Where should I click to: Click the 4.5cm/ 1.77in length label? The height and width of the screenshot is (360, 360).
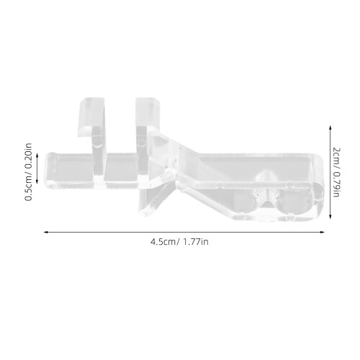(x=179, y=241)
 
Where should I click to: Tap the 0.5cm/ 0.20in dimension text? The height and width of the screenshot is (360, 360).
(x=28, y=172)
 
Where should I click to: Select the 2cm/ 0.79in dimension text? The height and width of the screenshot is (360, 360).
(x=336, y=172)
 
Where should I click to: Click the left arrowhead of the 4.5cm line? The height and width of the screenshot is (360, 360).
(x=45, y=232)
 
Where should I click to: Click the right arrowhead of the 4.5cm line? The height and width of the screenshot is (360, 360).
(x=323, y=232)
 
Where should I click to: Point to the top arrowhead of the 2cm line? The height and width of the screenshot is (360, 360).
(x=330, y=127)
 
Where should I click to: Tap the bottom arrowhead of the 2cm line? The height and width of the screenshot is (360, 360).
(x=330, y=216)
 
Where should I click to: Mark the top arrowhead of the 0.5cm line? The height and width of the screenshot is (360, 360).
(x=37, y=156)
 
